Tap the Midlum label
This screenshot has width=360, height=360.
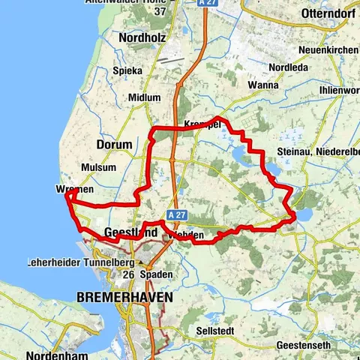144,97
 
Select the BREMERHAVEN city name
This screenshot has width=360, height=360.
124,297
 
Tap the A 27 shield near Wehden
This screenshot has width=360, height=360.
176,214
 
